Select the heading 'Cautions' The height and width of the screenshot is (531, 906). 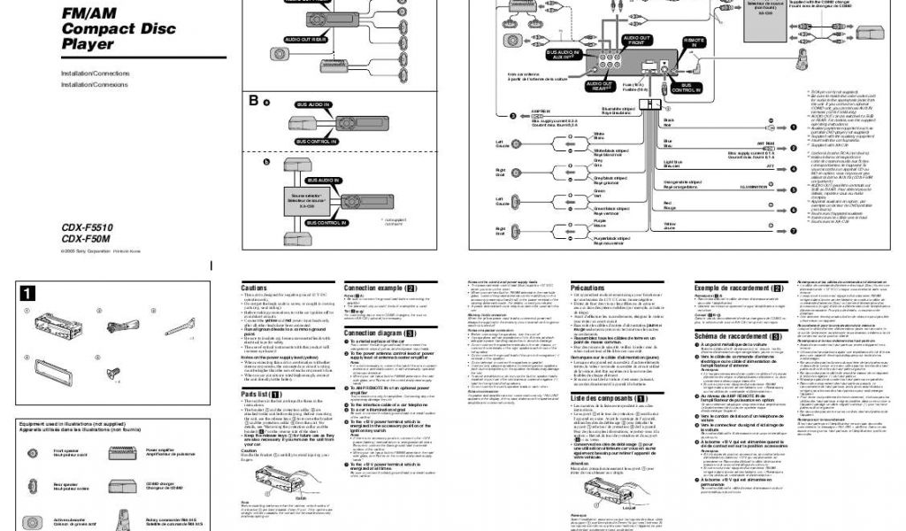(254, 289)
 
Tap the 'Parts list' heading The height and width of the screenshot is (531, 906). (261, 393)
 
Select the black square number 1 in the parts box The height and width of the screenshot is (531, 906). (29, 293)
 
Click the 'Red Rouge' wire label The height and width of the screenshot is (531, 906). (670, 205)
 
